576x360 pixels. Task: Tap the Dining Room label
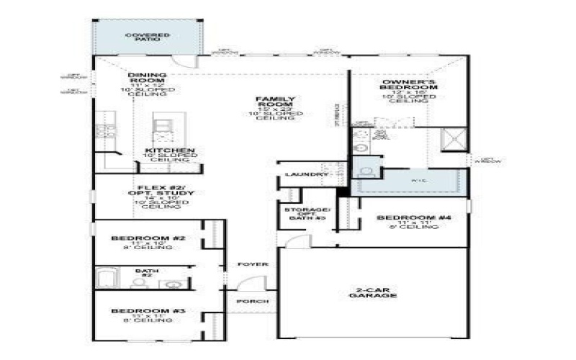point(147,75)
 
